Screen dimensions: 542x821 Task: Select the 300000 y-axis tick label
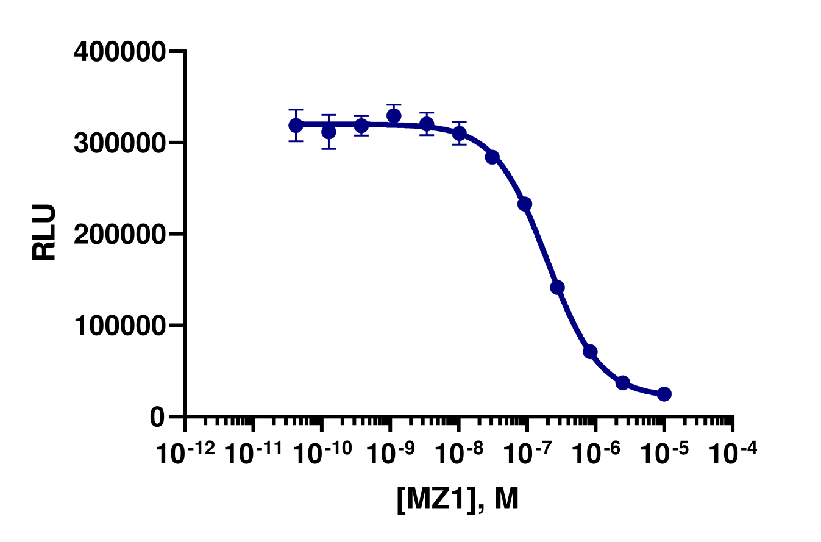(119, 143)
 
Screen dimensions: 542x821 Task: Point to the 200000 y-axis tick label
(119, 234)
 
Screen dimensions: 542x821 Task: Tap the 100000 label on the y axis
(119, 326)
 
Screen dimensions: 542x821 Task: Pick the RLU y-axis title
(44, 233)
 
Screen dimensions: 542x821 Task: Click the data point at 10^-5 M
(664, 394)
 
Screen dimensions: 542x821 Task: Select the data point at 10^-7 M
(525, 204)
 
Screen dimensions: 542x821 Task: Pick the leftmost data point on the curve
(296, 126)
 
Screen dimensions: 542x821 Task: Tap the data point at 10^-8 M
(460, 133)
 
